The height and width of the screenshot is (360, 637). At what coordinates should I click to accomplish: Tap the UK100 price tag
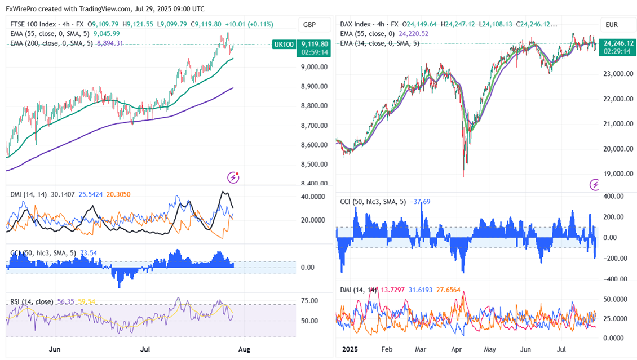point(282,44)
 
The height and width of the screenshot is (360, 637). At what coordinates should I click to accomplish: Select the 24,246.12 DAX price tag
point(617,42)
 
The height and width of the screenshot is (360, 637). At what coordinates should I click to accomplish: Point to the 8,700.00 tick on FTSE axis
point(315,125)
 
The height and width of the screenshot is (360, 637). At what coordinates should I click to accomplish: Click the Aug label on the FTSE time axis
point(244,350)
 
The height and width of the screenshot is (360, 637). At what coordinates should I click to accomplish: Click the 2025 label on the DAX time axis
point(351,350)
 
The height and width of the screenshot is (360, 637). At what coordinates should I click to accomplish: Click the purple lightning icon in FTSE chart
point(233,177)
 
